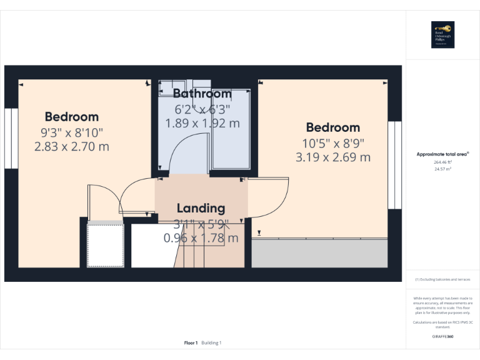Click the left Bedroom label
click(72, 117)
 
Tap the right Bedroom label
click(333, 127)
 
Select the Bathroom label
click(202, 94)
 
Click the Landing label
click(201, 208)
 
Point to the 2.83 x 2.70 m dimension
click(72, 147)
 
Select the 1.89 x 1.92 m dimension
click(202, 123)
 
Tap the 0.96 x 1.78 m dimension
click(201, 238)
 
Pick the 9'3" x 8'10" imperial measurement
click(72, 132)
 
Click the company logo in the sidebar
click(442, 34)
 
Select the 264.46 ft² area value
click(442, 162)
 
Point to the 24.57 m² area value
click(442, 169)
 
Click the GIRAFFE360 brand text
click(442, 337)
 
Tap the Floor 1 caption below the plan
click(191, 342)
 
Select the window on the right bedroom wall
click(394, 165)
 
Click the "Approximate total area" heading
click(442, 154)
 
